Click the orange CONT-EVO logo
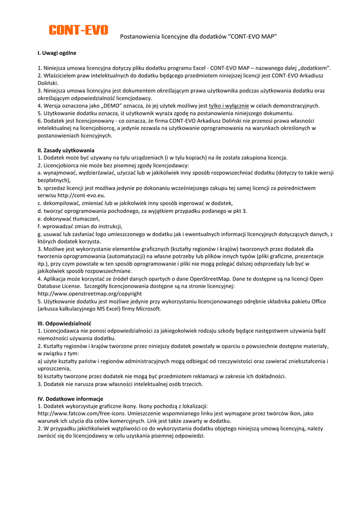tap(78, 30)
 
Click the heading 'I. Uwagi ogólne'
tap(57, 53)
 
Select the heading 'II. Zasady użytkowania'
tap(66, 150)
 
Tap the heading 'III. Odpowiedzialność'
tap(65, 323)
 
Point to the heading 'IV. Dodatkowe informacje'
tap(71, 399)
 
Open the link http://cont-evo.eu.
tap(81, 195)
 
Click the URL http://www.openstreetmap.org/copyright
tap(90, 294)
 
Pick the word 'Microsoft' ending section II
tap(148, 309)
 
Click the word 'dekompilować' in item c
tap(60, 203)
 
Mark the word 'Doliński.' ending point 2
tap(48, 83)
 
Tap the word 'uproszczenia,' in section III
tap(54, 368)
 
